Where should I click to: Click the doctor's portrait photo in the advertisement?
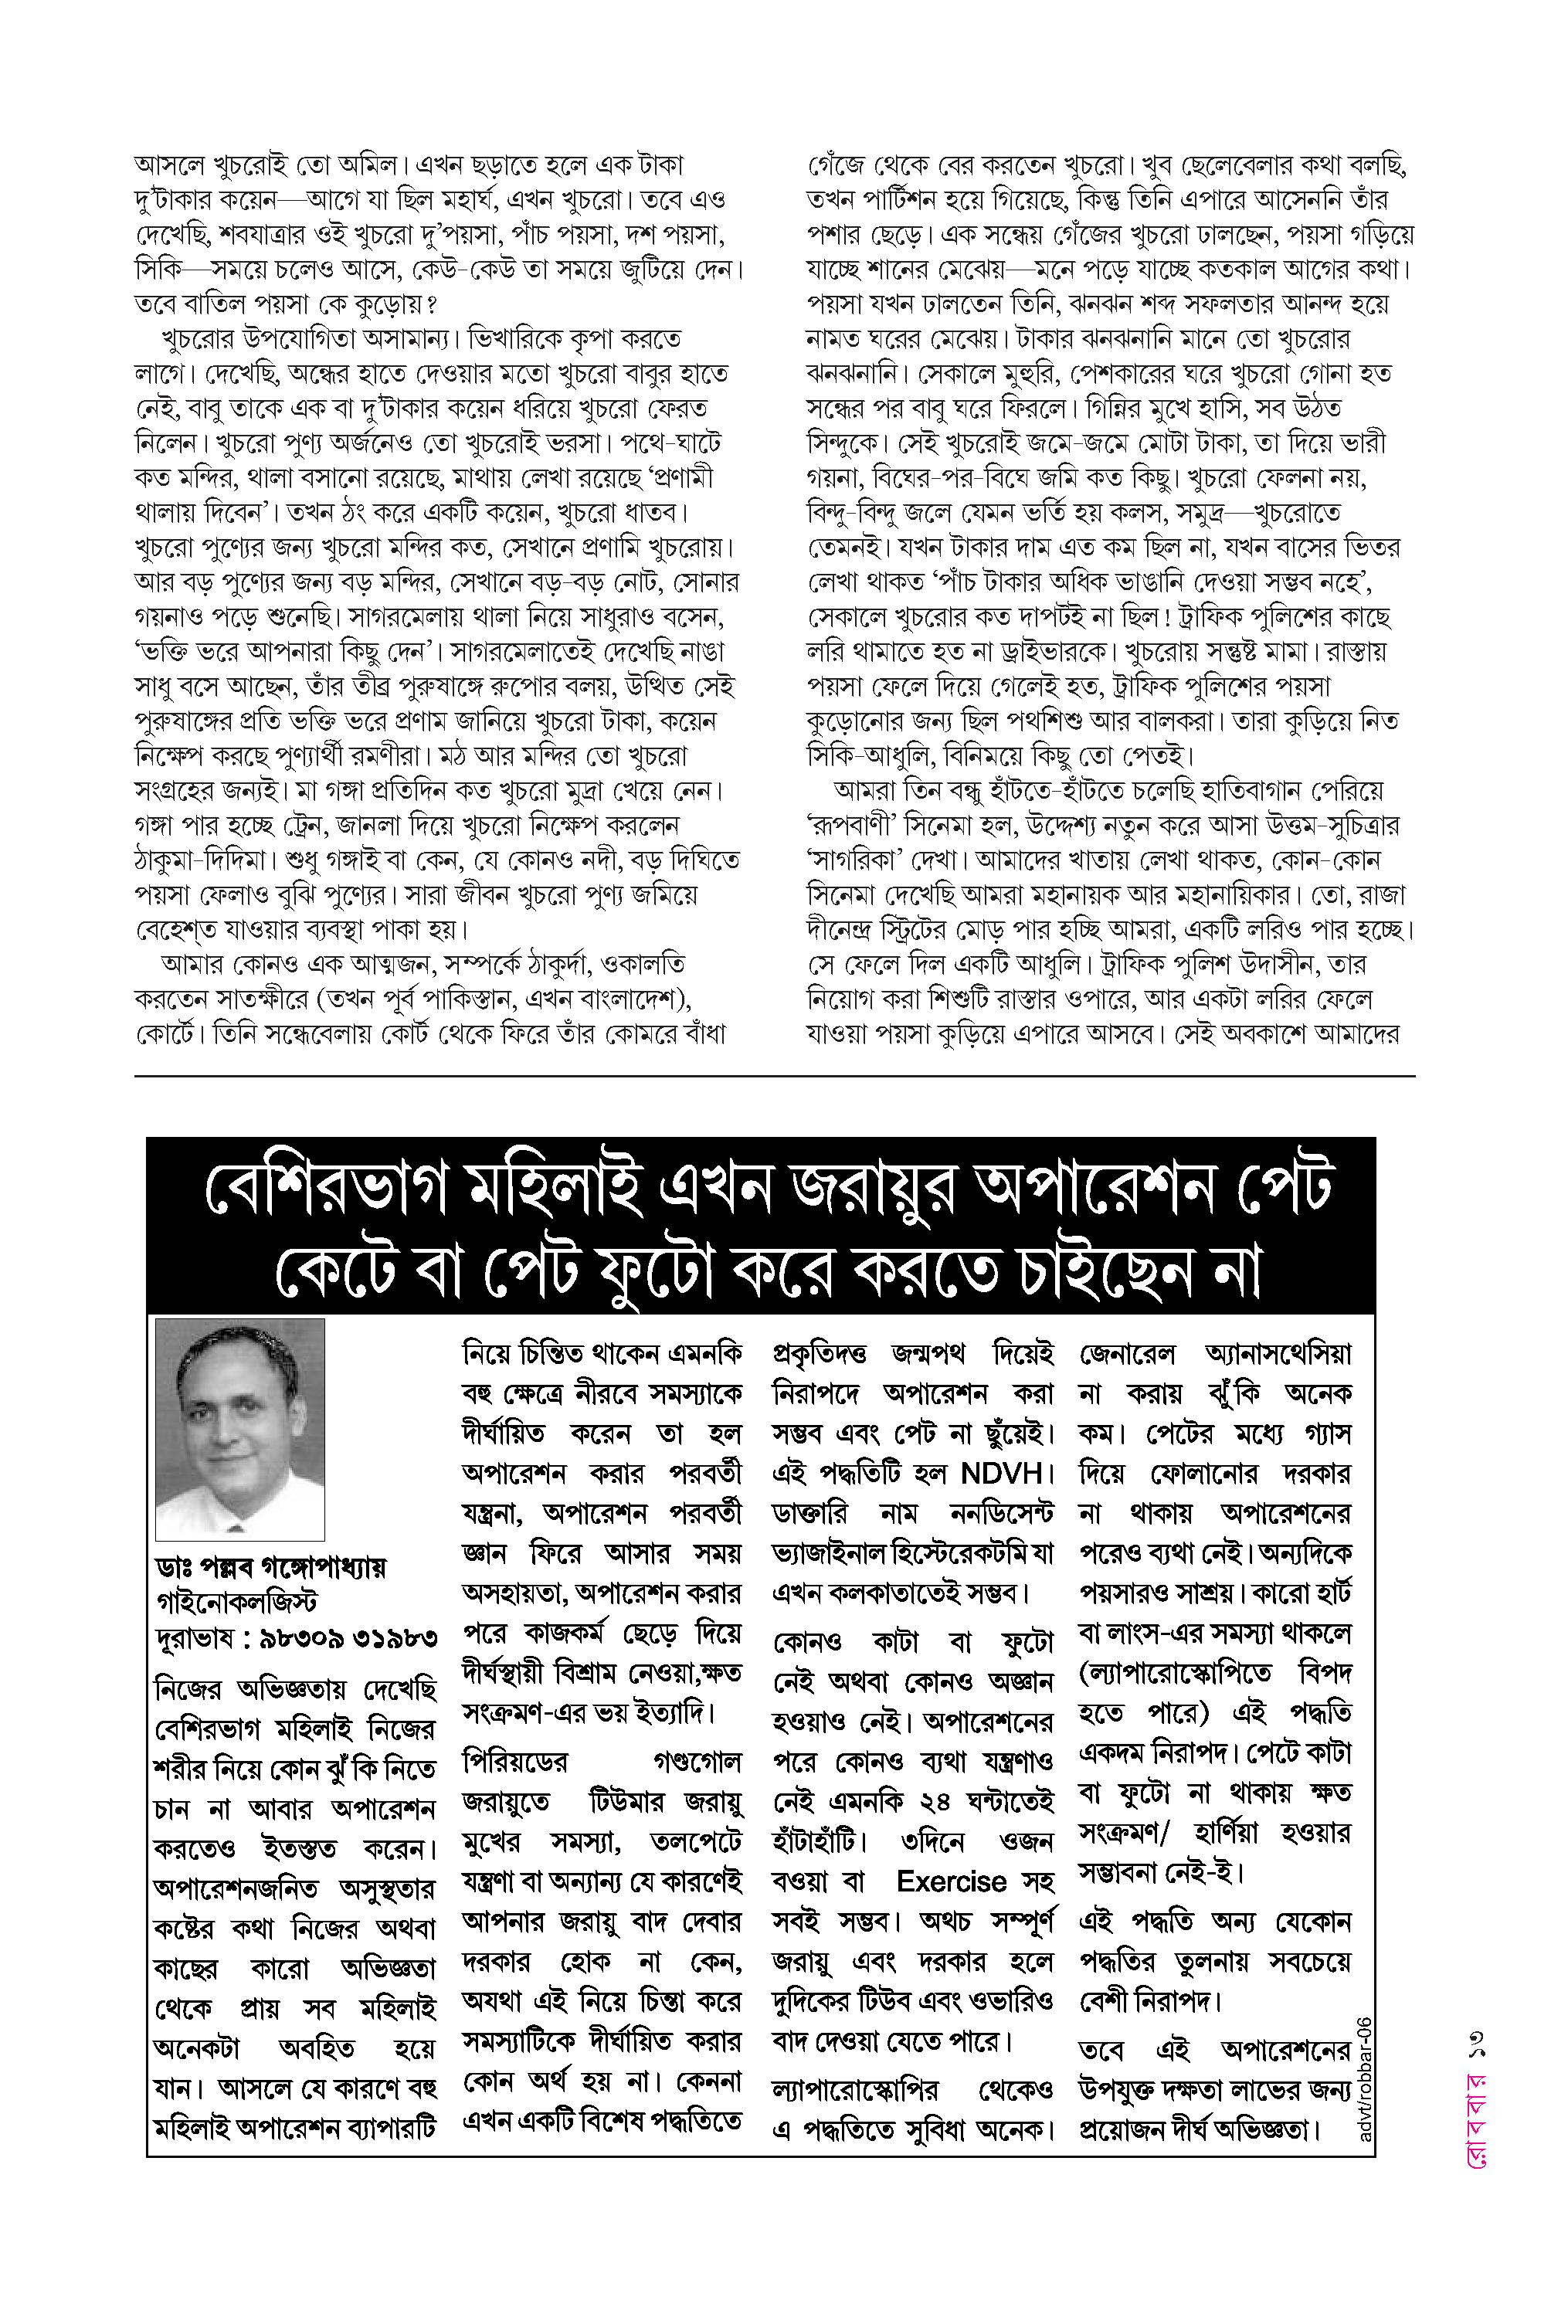coord(240,1427)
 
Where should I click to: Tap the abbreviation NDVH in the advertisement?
coord(1001,1473)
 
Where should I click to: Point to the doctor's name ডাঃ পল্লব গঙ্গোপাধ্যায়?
coord(271,1567)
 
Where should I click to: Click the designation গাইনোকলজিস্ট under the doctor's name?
coord(236,1602)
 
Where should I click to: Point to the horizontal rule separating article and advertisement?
coord(775,1075)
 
